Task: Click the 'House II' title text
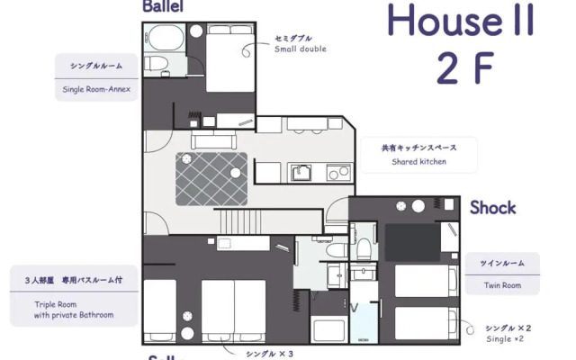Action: [x=460, y=21]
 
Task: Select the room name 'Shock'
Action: [x=492, y=208]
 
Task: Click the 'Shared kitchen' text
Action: [x=418, y=162]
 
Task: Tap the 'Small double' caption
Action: [x=301, y=49]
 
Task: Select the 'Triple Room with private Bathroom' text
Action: [x=74, y=310]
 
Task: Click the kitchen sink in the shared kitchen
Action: [x=301, y=171]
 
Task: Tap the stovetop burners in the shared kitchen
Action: [x=337, y=171]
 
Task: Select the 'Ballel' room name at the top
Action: [x=163, y=6]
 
